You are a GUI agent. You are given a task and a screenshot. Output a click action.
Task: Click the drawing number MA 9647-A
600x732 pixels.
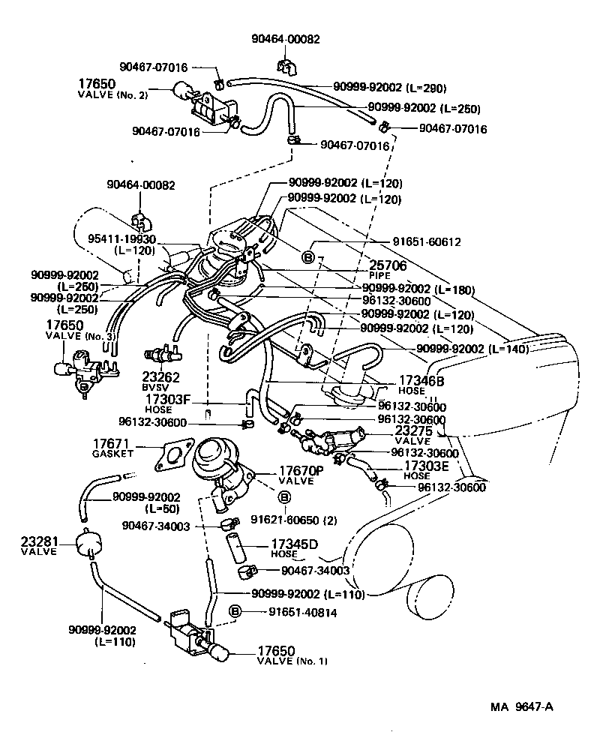point(522,706)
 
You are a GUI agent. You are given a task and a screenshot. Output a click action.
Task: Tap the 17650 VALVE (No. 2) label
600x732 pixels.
point(112,88)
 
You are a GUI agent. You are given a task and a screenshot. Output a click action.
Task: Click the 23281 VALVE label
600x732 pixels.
point(39,545)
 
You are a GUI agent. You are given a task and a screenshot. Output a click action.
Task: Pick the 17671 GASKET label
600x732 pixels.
point(112,448)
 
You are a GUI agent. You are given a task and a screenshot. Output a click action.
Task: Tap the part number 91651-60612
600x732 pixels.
point(426,242)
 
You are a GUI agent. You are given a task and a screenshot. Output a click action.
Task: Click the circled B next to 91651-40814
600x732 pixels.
point(235,611)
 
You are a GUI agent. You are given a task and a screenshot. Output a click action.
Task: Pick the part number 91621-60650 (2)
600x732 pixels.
point(289,518)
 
